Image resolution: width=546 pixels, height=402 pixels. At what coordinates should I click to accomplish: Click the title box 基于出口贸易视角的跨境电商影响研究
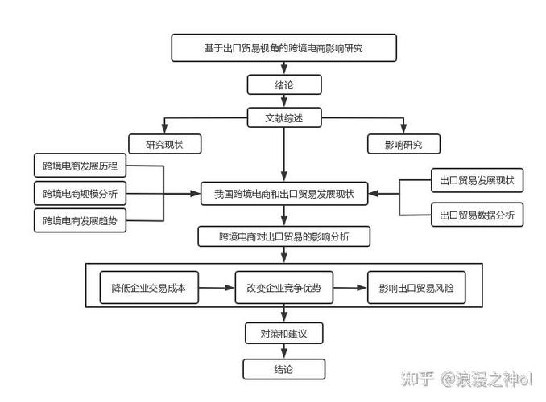pyautogui.click(x=283, y=48)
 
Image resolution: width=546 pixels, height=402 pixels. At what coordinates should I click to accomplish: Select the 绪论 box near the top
pyautogui.click(x=283, y=85)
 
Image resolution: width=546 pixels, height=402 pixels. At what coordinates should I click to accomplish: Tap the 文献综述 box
pyautogui.click(x=283, y=117)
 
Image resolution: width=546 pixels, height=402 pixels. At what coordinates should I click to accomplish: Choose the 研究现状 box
pyautogui.click(x=165, y=145)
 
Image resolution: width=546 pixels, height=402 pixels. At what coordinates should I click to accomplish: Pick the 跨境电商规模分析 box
pyautogui.click(x=80, y=194)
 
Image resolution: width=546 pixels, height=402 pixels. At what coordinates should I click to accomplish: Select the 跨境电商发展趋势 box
pyautogui.click(x=80, y=220)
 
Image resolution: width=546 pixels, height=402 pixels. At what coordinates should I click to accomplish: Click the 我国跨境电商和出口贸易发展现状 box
pyautogui.click(x=283, y=194)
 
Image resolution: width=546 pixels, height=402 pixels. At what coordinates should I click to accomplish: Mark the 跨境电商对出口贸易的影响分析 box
pyautogui.click(x=283, y=236)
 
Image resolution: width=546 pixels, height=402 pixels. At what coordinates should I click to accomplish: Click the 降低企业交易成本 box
pyautogui.click(x=148, y=289)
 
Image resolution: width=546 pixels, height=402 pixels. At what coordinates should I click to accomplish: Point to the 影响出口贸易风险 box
pyautogui.click(x=416, y=289)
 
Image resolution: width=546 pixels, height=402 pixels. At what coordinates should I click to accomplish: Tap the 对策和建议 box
pyautogui.click(x=283, y=333)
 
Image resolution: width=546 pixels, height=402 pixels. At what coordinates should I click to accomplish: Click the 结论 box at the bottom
pyautogui.click(x=283, y=369)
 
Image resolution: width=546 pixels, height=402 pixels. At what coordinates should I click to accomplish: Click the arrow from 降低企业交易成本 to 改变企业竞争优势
pyautogui.click(x=216, y=288)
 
